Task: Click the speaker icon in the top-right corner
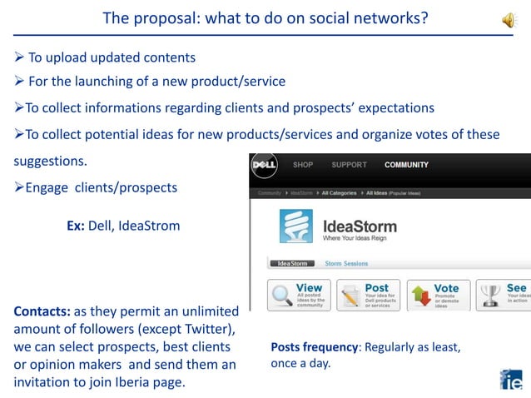(509, 20)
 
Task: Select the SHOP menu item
(303, 165)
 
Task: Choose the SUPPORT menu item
(349, 165)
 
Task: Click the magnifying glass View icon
(281, 296)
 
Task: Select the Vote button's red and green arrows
(420, 296)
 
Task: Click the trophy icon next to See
(491, 296)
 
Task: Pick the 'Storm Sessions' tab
(346, 264)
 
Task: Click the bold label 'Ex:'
(76, 226)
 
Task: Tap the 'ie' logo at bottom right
(511, 378)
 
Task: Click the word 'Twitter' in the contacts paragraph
(211, 330)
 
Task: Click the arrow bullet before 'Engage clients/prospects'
(19, 187)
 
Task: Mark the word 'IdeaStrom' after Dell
(150, 226)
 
